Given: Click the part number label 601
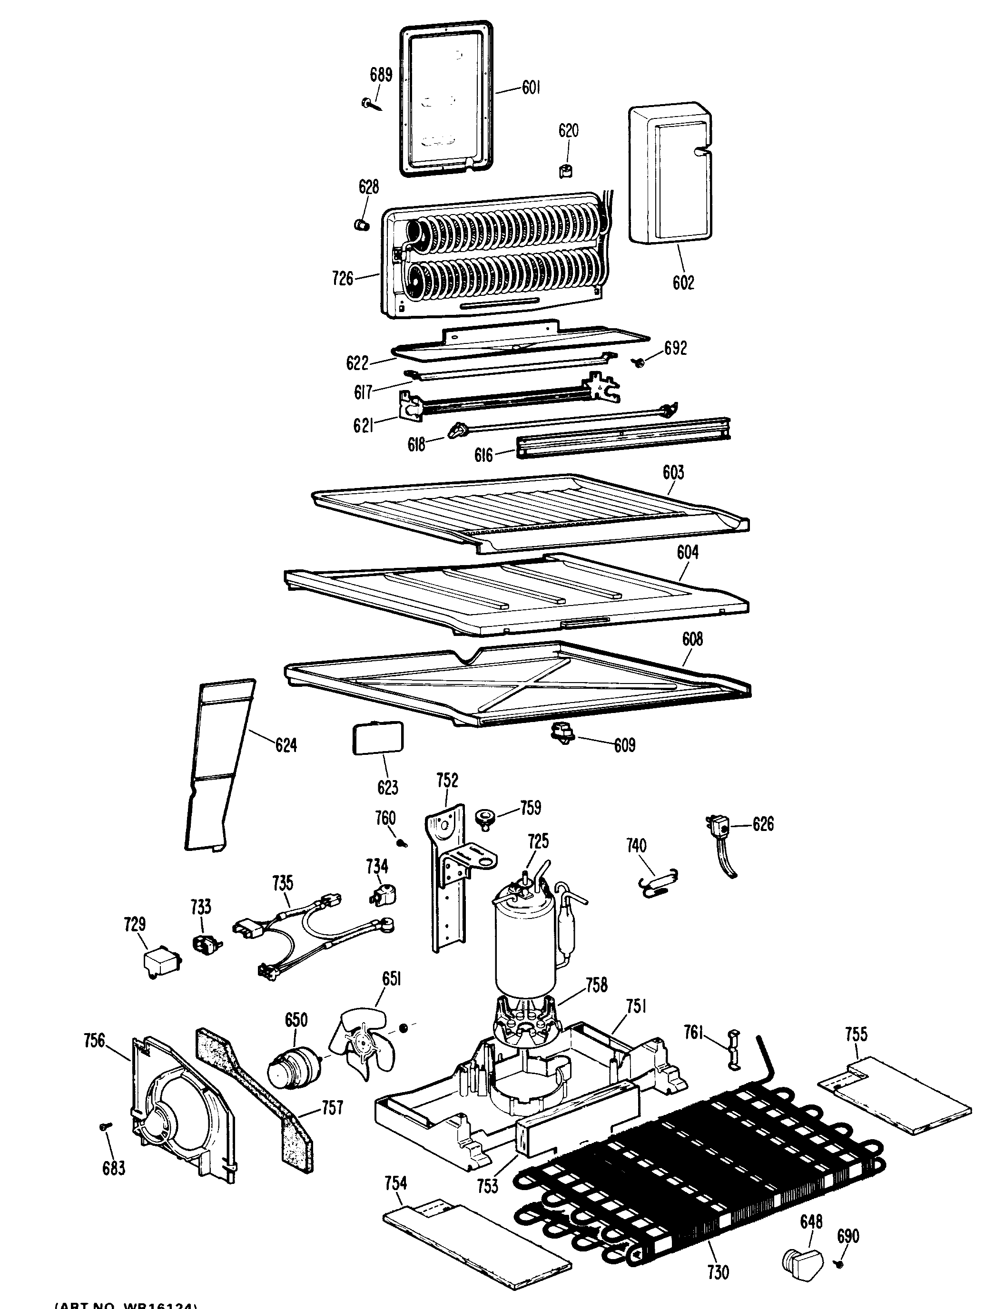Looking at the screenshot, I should [x=531, y=88].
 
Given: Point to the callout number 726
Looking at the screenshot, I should [x=343, y=278].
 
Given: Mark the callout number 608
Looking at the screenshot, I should [x=692, y=639].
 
